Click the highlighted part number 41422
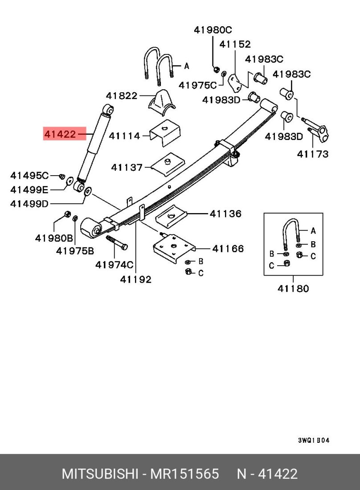[x=60, y=133]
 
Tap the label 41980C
[x=213, y=30]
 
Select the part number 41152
[x=235, y=44]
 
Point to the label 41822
[x=122, y=95]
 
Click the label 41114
[x=125, y=136]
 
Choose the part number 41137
[x=127, y=167]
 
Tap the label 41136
[x=225, y=214]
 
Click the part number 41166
[x=228, y=248]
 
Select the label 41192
[x=135, y=280]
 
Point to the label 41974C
[x=114, y=265]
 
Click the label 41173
[x=313, y=154]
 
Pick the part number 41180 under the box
[x=293, y=288]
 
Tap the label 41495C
[x=29, y=175]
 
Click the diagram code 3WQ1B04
[x=314, y=441]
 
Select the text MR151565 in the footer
[x=184, y=474]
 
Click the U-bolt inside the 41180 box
[x=290, y=230]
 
